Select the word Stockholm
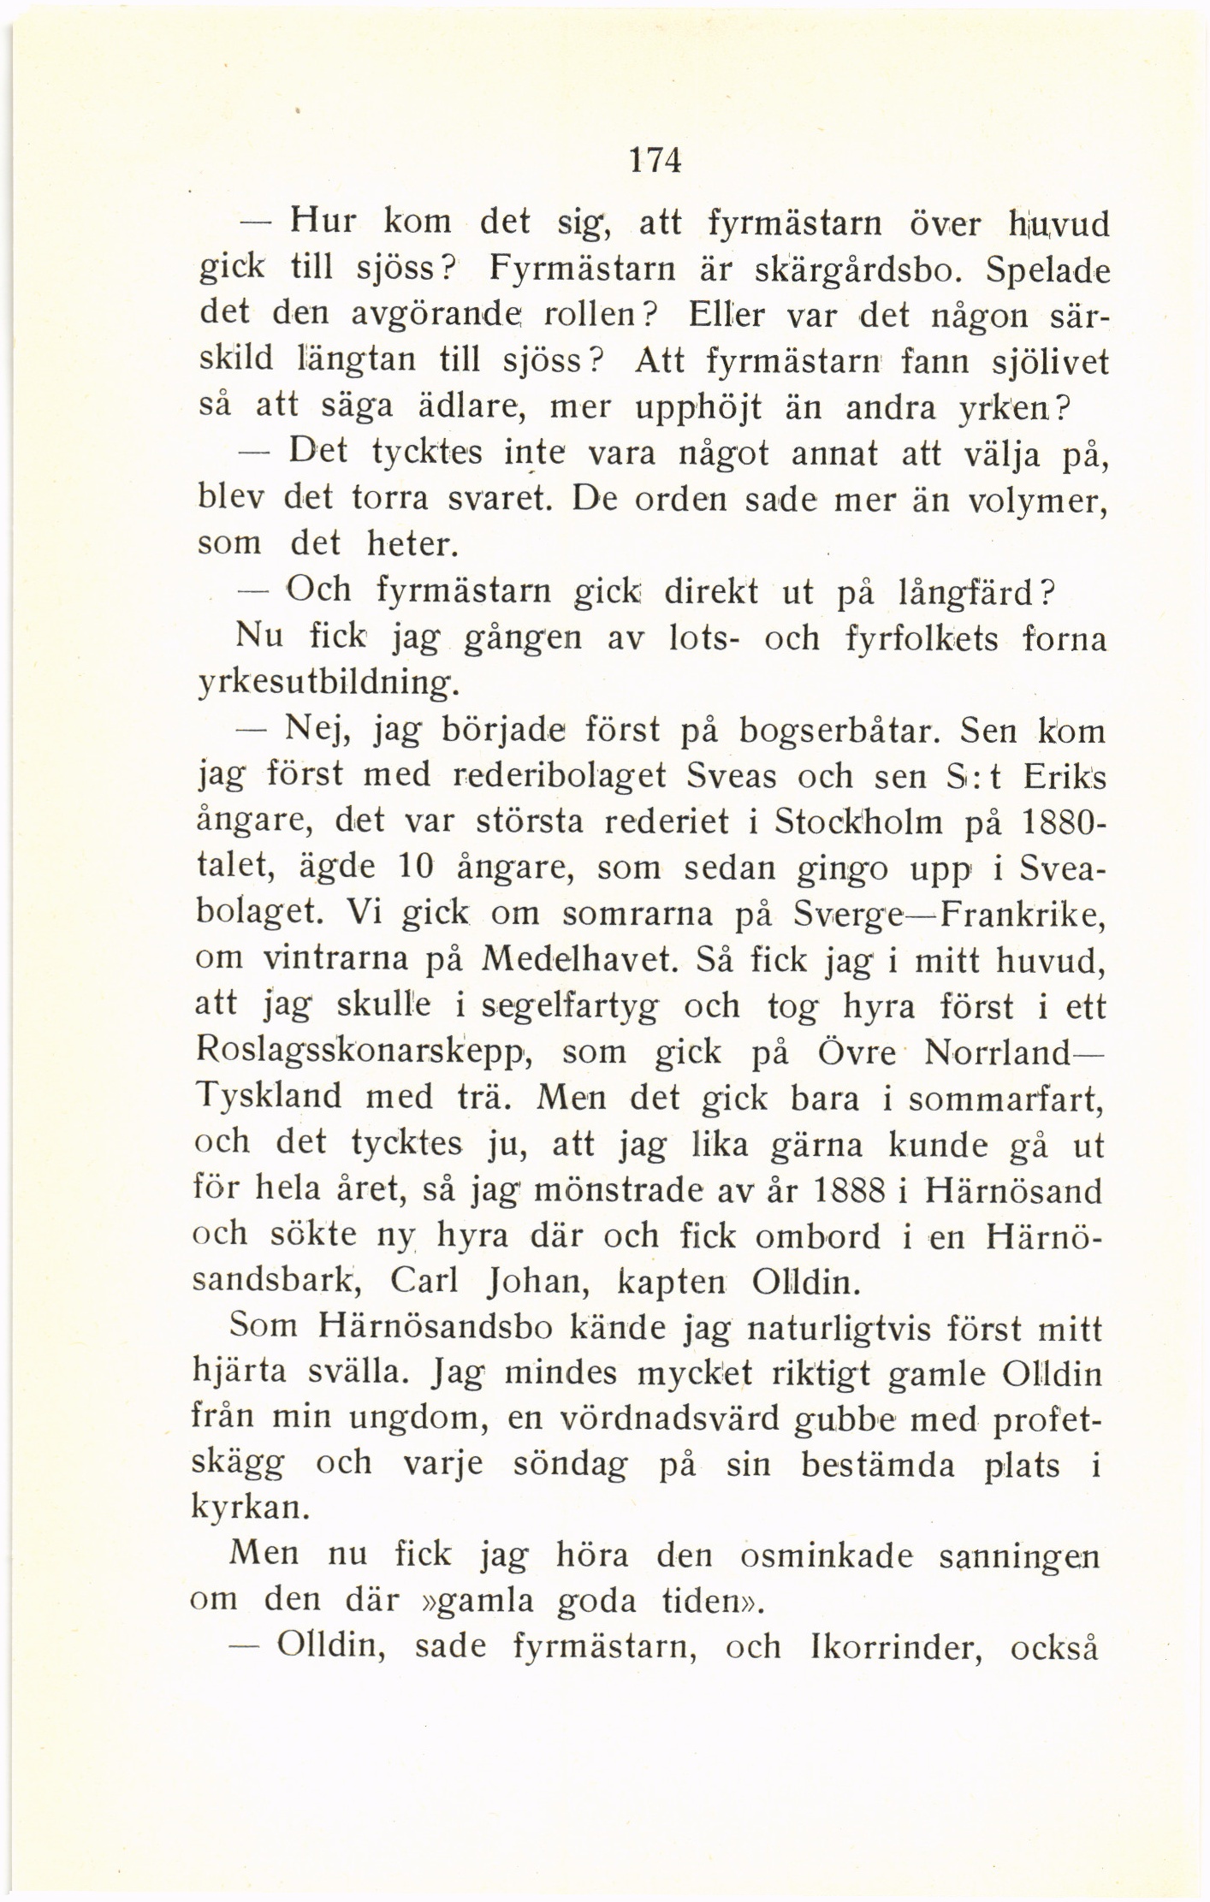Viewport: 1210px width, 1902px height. click(857, 822)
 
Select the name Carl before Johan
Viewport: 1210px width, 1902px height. click(424, 1282)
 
